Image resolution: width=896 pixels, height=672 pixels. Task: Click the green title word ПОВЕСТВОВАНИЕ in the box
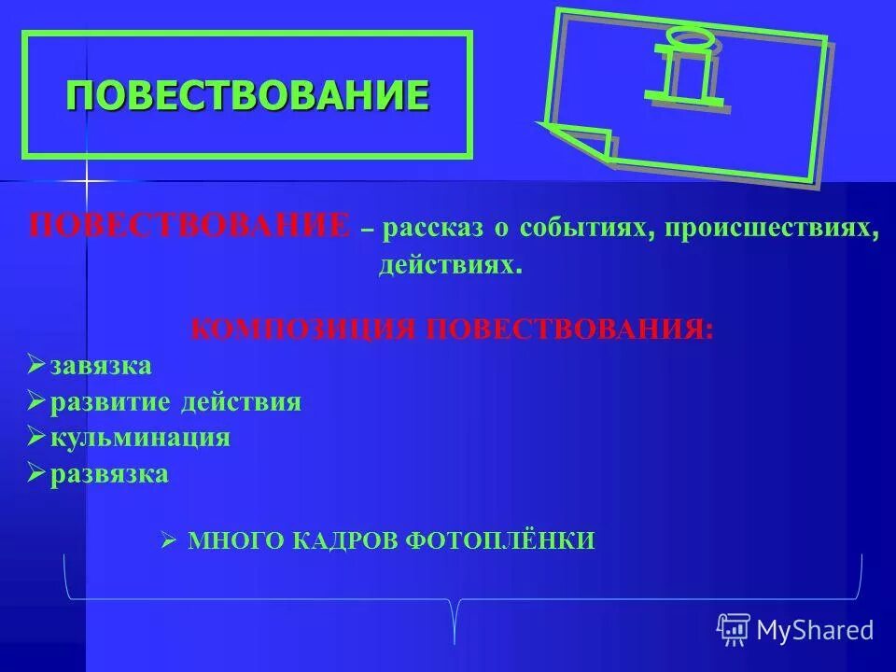tap(247, 94)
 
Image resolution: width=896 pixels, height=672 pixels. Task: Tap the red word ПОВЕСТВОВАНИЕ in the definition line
tap(189, 227)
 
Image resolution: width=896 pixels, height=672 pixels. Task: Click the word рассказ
tap(427, 229)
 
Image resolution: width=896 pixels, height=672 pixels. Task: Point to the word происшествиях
tap(772, 229)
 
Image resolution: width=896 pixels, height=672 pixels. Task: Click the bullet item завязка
tap(101, 365)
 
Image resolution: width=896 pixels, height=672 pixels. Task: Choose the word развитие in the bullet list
tap(98, 401)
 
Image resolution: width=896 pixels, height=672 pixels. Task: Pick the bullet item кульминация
tap(140, 437)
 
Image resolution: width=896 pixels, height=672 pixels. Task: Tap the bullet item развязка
tap(109, 473)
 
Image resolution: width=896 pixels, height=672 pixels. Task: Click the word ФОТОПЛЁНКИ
tap(500, 540)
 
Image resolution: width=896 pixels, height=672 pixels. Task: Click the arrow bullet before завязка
tap(36, 364)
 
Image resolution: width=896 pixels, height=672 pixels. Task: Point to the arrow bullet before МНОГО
tap(168, 540)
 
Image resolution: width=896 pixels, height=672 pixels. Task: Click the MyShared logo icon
tap(734, 630)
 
